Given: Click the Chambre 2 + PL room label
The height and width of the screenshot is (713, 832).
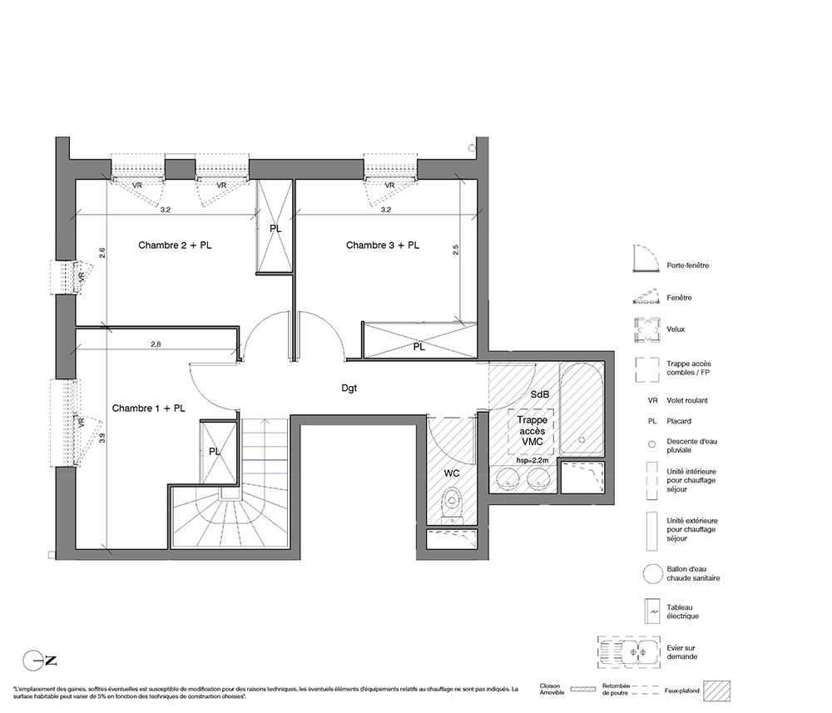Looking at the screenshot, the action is tap(175, 245).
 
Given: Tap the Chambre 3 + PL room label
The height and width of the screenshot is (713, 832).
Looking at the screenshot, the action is tap(383, 245).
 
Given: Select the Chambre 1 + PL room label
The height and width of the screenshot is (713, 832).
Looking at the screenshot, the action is tap(149, 408).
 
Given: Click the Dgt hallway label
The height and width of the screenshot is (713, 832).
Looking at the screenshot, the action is tap(349, 389).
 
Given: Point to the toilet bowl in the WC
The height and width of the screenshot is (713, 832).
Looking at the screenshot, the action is tap(452, 502).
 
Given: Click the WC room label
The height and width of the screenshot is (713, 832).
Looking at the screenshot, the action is tap(452, 473).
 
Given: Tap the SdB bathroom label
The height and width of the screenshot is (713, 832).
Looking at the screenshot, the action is tap(540, 394).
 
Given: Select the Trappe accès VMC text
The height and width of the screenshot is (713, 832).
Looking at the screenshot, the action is tap(532, 431).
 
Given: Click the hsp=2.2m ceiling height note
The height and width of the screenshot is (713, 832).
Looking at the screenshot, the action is tap(532, 460).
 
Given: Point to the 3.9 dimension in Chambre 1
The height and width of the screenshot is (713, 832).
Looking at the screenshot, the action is tap(102, 438).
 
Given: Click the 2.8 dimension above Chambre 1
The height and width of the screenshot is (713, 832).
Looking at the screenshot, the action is tap(156, 344).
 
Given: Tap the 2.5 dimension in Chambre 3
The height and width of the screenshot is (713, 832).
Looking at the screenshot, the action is tap(455, 250).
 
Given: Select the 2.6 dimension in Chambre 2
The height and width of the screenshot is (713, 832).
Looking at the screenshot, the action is tap(102, 253).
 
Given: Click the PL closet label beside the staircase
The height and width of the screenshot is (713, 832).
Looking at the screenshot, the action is tap(215, 452).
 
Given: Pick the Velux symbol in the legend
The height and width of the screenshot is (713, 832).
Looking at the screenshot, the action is tap(646, 330).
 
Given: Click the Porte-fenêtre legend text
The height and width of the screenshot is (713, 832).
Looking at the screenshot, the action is tap(688, 265).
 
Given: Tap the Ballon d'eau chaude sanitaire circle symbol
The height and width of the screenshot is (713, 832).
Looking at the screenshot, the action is tap(652, 573).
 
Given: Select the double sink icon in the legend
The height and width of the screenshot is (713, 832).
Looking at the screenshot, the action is tap(629, 651).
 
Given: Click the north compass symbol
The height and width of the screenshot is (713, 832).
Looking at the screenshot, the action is tap(39, 661).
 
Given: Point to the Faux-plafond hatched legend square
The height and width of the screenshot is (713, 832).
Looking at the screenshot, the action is tap(717, 691).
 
